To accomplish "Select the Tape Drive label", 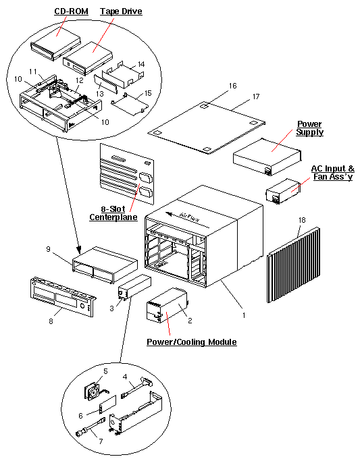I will pos(121,12).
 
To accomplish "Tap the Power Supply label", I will pos(310,128).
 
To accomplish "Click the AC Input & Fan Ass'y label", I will pos(332,173).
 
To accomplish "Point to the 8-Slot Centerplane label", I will pos(113,213).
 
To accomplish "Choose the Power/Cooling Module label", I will pos(192,342).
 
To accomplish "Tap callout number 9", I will pos(49,249).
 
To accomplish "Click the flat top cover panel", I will pos(203,125).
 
